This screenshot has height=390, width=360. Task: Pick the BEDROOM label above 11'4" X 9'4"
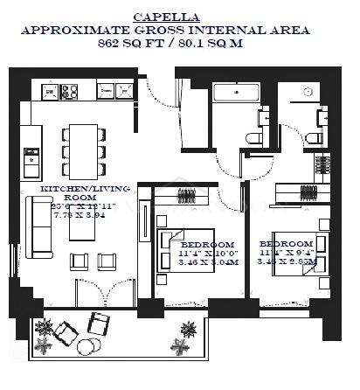286,242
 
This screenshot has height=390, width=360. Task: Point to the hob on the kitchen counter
67,90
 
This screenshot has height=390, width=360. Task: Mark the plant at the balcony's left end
44,327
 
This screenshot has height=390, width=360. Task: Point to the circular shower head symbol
308,92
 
